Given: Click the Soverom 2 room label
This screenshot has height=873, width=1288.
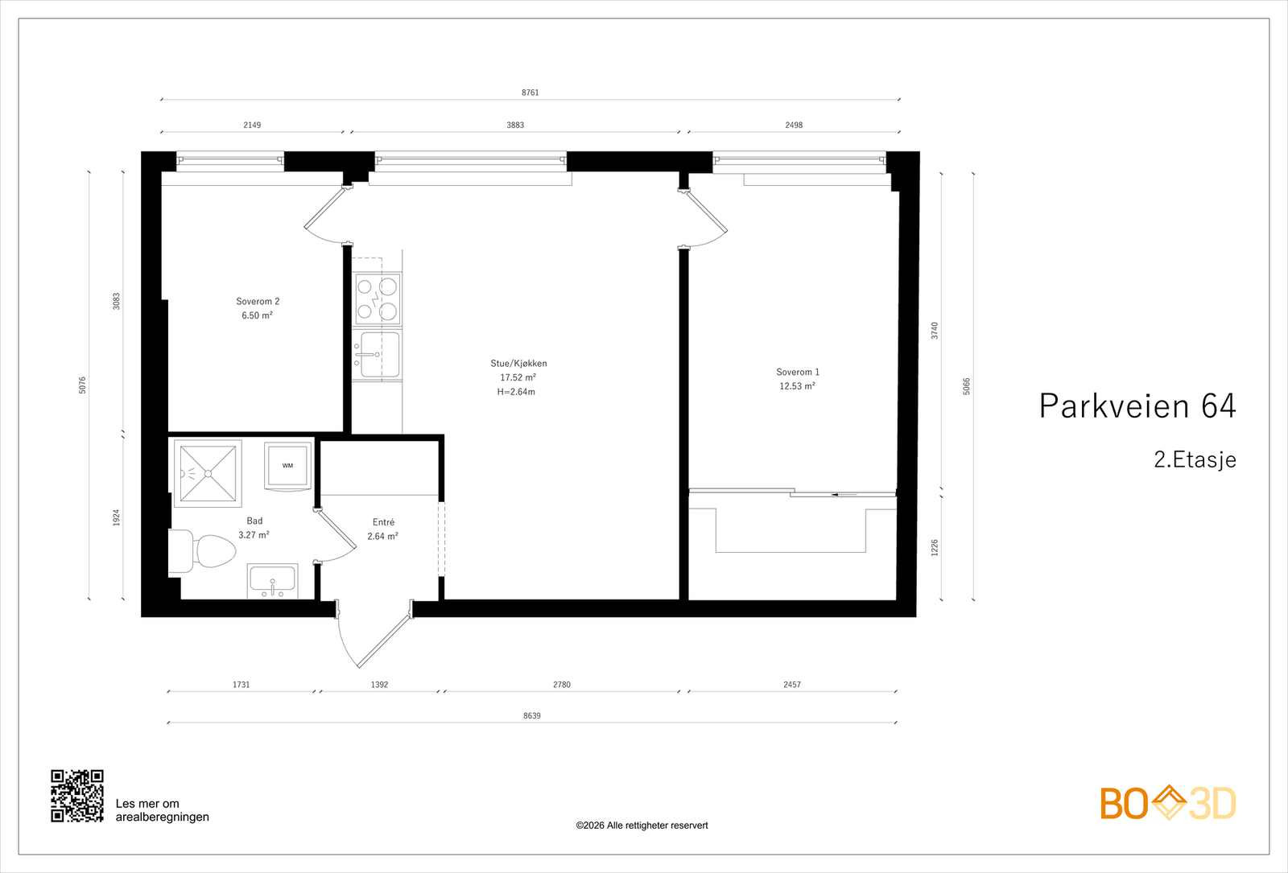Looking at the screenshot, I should pos(258,302).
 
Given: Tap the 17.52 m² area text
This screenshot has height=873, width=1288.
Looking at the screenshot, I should pos(518,377).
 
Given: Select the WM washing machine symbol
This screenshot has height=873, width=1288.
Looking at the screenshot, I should pos(287,465).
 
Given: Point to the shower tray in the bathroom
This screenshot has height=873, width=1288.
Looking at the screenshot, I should pos(208,473).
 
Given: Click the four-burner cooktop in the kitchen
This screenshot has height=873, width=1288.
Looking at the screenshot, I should pos(378,299).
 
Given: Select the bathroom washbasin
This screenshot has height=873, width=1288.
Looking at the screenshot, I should pos(272,581).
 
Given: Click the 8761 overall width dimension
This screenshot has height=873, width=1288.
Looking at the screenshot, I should pos(530,93).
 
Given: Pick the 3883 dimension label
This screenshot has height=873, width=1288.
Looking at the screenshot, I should pos(515,125).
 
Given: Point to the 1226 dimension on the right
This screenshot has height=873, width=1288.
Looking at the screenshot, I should pos(935,548).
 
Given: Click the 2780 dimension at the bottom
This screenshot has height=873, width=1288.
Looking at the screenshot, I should pos(561,685).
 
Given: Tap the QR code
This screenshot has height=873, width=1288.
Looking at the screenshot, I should pos(77,796).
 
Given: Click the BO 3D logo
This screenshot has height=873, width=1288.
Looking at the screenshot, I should pos(1167,803).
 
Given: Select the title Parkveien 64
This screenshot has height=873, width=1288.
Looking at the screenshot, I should pos(1137,406).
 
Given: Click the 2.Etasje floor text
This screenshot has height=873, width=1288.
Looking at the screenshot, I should pos(1194,459).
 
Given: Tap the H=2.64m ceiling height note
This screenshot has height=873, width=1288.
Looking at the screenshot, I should pos(516,392).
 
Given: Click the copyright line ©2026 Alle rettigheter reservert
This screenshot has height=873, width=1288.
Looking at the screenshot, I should pos(642,826).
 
